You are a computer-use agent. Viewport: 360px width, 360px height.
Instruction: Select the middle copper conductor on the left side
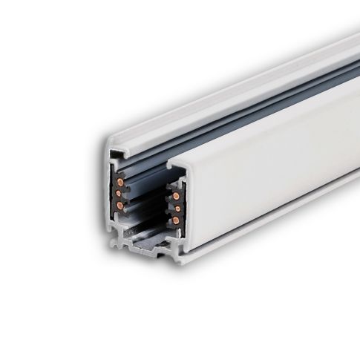[119, 193]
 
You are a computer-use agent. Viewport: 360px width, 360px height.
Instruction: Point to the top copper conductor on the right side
[176, 197]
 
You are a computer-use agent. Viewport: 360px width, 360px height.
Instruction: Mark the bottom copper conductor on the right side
[176, 220]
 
